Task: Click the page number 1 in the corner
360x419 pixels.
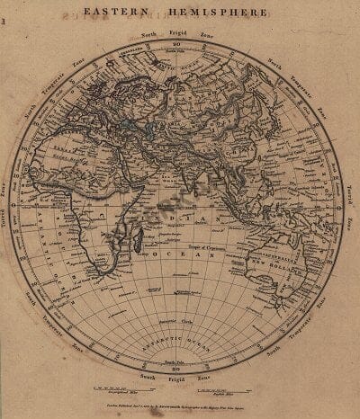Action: (x=4, y=12)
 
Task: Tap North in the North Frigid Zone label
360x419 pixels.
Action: (x=150, y=33)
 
